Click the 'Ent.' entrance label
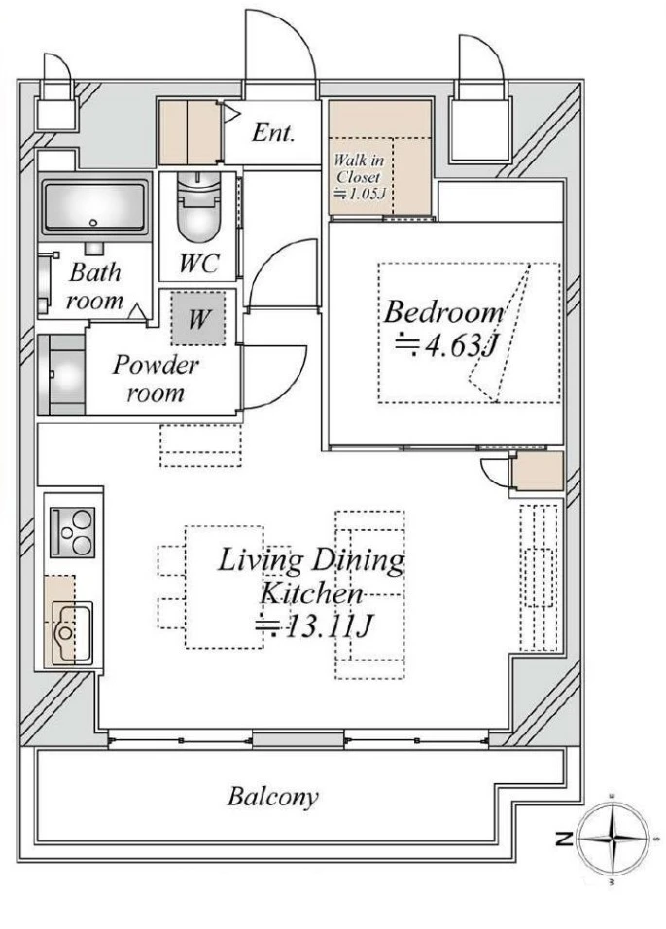pyautogui.click(x=272, y=132)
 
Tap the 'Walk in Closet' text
pyautogui.click(x=359, y=168)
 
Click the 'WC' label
pyautogui.click(x=199, y=263)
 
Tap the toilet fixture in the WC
pyautogui.click(x=199, y=207)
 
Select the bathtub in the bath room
pyautogui.click(x=93, y=207)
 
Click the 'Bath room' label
pyautogui.click(x=94, y=287)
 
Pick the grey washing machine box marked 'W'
pyautogui.click(x=198, y=319)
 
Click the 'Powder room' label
pyautogui.click(x=156, y=378)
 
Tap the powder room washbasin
pyautogui.click(x=61, y=375)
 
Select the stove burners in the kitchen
pyautogui.click(x=72, y=532)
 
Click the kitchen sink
pyautogui.click(x=72, y=631)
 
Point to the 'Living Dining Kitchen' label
pyautogui.click(x=311, y=576)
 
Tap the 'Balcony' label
pyautogui.click(x=272, y=797)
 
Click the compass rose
pyautogui.click(x=616, y=839)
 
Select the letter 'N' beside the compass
pyautogui.click(x=564, y=839)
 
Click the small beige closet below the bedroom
pyautogui.click(x=538, y=471)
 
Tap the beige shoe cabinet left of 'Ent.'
pyautogui.click(x=190, y=132)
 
